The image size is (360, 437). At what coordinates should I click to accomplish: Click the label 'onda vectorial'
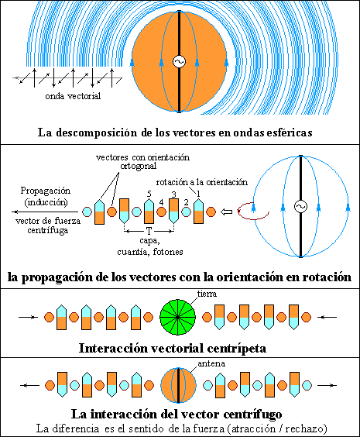(73, 96)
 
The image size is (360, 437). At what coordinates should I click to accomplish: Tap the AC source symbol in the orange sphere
(179, 61)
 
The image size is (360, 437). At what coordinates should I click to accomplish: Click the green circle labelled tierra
(177, 317)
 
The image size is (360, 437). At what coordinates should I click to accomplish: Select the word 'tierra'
(207, 294)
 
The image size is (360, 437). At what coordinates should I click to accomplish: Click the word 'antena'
(211, 363)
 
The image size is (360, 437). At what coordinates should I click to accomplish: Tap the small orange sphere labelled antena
(178, 385)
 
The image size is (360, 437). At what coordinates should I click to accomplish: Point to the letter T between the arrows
(149, 231)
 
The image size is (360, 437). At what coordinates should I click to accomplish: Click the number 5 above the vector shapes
(149, 194)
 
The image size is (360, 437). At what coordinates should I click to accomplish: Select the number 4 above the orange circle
(161, 202)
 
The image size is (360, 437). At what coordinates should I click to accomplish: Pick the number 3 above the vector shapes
(173, 194)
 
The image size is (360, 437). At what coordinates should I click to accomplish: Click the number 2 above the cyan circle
(186, 202)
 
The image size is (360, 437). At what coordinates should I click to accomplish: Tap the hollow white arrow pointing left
(226, 212)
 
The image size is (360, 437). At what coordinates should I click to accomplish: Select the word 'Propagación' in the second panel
(46, 191)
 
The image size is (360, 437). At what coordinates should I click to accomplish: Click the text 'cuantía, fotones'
(150, 252)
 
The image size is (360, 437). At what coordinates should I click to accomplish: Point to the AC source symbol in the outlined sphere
(300, 207)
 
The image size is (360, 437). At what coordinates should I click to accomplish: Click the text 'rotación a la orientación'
(202, 182)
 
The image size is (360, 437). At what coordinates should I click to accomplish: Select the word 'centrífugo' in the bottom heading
(249, 415)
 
